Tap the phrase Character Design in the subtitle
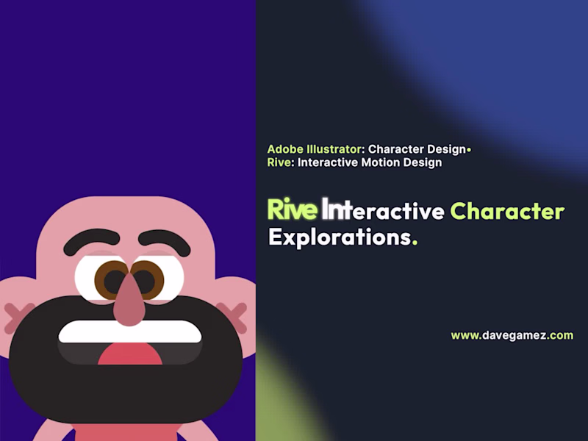(x=417, y=149)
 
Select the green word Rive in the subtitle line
(x=279, y=162)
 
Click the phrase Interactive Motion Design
(x=370, y=162)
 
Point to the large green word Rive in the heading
(x=292, y=211)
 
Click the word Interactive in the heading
(x=382, y=211)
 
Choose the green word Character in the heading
(x=507, y=211)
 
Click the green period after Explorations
(x=415, y=243)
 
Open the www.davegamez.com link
(x=512, y=335)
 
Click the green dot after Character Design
(x=469, y=150)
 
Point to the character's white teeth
(x=129, y=333)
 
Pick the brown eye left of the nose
(x=112, y=280)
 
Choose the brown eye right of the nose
(x=146, y=280)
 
